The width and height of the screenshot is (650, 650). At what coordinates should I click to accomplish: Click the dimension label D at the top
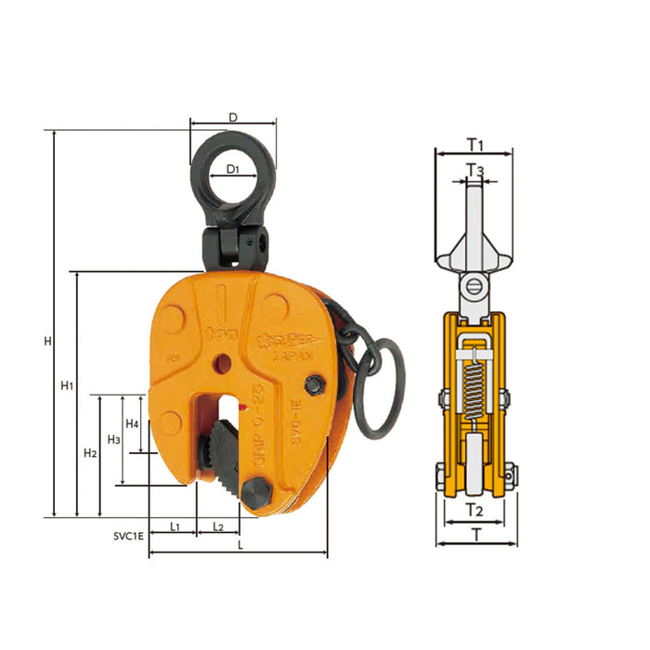233,117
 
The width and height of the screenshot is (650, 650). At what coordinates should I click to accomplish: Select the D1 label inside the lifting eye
233,170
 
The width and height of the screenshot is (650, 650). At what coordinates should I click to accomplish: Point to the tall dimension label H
46,342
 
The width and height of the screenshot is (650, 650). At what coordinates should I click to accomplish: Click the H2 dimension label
90,453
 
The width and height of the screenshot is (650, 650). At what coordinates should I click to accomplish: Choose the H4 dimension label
133,423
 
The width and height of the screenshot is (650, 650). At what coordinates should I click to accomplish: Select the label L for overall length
240,546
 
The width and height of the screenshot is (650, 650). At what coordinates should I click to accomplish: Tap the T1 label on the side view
475,145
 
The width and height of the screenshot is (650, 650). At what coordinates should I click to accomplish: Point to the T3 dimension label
474,170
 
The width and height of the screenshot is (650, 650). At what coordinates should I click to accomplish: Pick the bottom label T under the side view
474,534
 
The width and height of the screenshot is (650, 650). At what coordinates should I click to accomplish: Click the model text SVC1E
123,536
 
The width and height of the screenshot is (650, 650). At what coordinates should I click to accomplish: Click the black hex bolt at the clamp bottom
254,492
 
